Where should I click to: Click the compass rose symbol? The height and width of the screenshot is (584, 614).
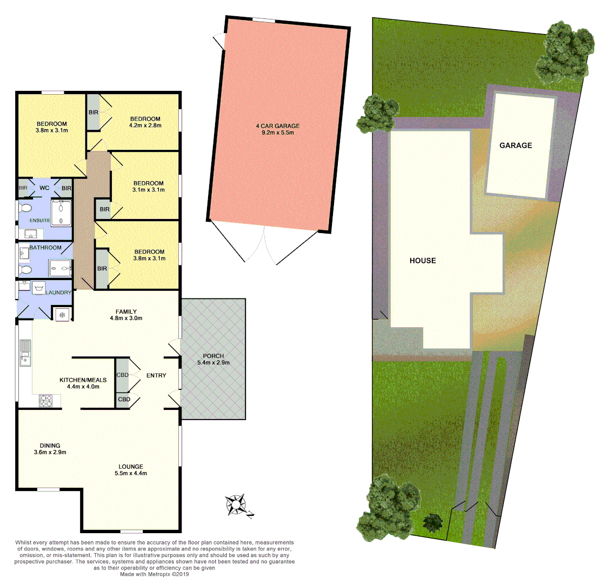coord(236,505)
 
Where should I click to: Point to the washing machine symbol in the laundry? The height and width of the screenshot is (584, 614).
coord(38,289)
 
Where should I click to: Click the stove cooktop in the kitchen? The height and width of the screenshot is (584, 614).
coord(45,401)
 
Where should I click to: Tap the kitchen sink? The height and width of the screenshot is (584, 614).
coord(25,351)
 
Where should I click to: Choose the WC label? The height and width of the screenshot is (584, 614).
coord(44,188)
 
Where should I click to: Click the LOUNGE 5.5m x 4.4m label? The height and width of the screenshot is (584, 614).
coord(131,470)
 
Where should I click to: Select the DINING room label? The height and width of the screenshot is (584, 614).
coord(50,449)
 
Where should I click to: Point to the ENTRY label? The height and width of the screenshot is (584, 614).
coord(156,375)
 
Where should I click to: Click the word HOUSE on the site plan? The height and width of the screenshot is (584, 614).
coord(423,261)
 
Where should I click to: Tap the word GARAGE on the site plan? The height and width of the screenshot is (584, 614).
coord(516,145)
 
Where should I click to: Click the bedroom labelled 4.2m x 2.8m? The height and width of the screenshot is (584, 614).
coord(145,122)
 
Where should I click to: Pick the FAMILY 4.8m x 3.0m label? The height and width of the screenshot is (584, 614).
coord(126,315)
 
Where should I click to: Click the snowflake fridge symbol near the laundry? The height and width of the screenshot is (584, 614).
coord(62,314)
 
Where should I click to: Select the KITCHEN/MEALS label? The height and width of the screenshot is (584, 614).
coord(83,383)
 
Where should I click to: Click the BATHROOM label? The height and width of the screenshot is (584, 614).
coord(45,248)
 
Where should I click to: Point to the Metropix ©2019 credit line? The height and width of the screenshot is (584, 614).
coord(155,574)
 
